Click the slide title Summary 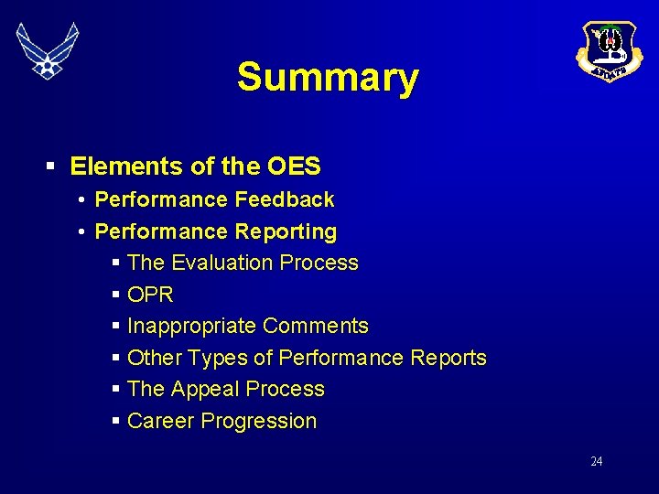click(x=328, y=78)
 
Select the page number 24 click(x=596, y=461)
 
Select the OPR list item click(x=151, y=295)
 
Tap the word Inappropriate click(x=192, y=326)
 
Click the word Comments click(x=316, y=326)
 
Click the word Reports click(x=448, y=358)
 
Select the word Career click(x=161, y=421)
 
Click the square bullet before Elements click(x=52, y=166)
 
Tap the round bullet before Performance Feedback click(x=81, y=199)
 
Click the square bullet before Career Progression click(x=116, y=422)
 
